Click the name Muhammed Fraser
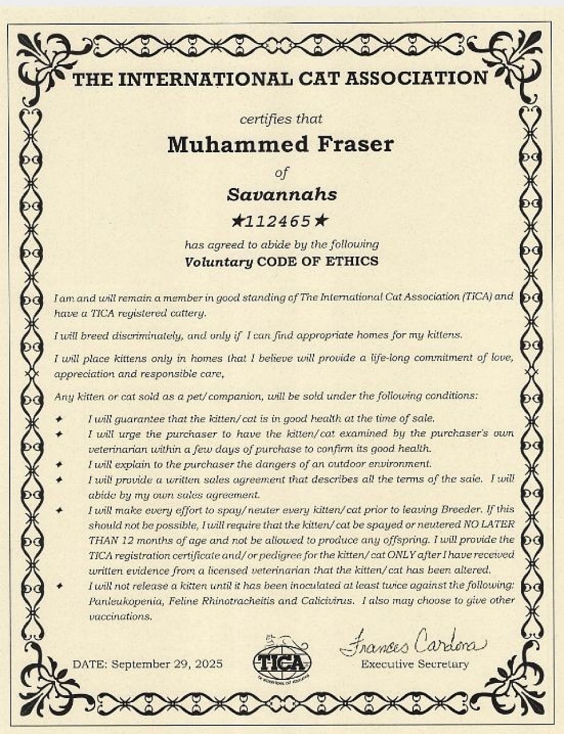click(x=280, y=144)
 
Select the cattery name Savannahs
click(x=282, y=195)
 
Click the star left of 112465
click(x=237, y=222)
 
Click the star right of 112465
click(x=321, y=221)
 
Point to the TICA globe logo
click(x=282, y=661)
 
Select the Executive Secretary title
click(x=415, y=664)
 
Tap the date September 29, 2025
click(x=167, y=664)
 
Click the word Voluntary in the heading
click(x=219, y=262)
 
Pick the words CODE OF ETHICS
click(x=318, y=261)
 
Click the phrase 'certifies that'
click(x=281, y=119)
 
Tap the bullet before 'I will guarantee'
click(x=59, y=419)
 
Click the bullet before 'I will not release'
click(x=59, y=586)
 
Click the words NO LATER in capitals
click(x=489, y=524)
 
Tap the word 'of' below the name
click(x=282, y=172)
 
